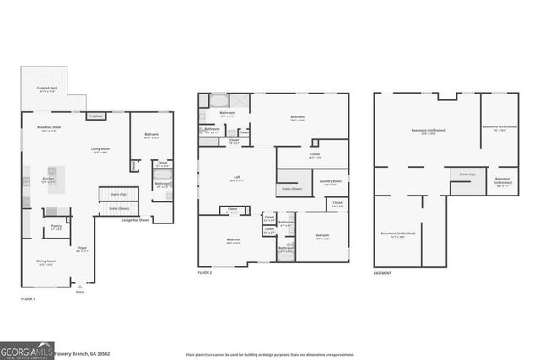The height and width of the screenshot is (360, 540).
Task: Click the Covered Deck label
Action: coord(46,89)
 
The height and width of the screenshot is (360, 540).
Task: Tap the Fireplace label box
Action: coord(95,116)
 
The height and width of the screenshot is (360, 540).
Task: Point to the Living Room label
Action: coord(101,150)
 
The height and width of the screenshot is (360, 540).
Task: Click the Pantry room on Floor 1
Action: coord(56,227)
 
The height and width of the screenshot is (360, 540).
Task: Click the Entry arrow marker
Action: coord(80,287)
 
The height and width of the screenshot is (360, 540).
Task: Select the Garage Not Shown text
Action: coord(135,220)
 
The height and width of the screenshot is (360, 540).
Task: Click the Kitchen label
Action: coord(48,180)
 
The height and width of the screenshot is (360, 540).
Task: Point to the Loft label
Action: coord(237,178)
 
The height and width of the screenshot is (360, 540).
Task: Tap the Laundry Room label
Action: coord(330,181)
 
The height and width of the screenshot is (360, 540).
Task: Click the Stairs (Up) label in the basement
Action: coord(467,175)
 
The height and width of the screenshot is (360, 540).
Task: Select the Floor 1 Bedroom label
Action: coord(152,135)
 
